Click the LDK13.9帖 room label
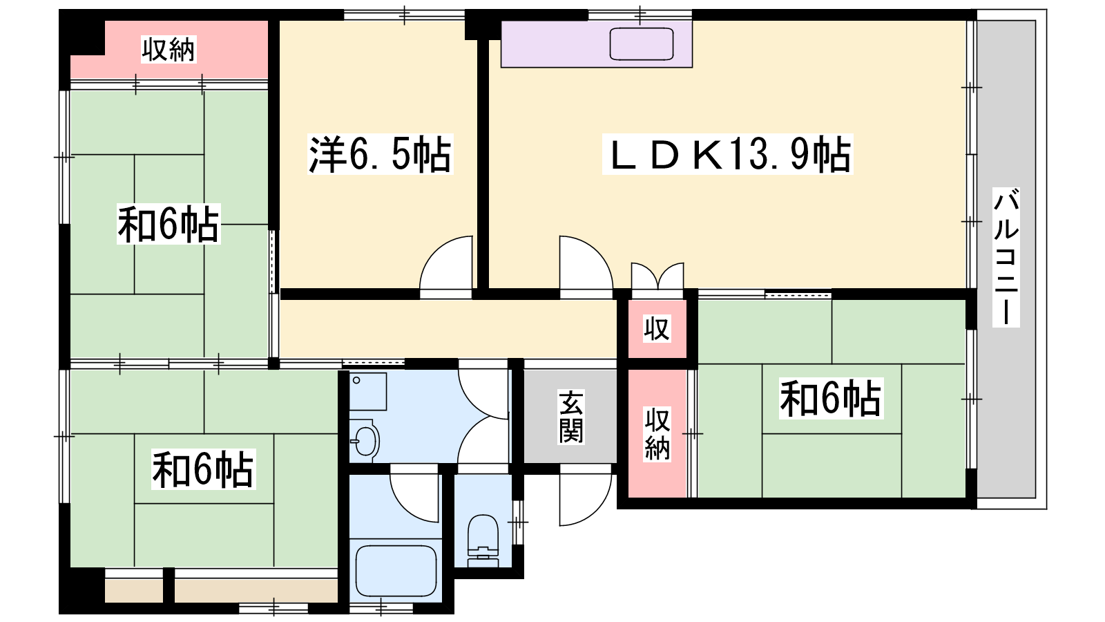tap(728, 154)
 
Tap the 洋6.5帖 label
tap(380, 154)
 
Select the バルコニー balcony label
tap(1006, 257)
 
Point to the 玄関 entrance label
tap(570, 417)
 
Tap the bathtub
tap(396, 571)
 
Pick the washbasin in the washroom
tap(365, 440)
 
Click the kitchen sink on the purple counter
tap(642, 44)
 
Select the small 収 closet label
tap(657, 329)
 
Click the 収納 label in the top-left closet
tap(169, 49)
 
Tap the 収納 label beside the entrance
tap(657, 434)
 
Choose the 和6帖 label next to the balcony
tap(831, 398)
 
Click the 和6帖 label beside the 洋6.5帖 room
tap(169, 224)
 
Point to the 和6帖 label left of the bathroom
tap(203, 469)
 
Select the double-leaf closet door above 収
tap(657, 276)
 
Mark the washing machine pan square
tap(368, 391)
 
